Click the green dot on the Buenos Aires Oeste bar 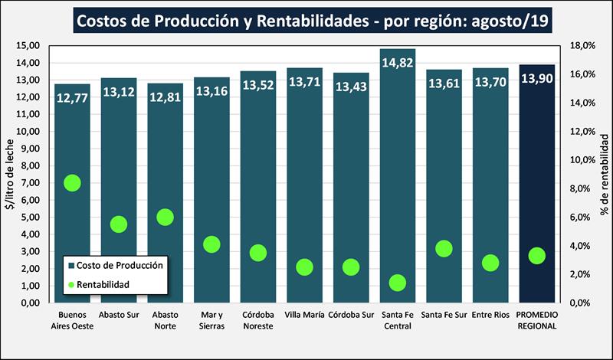pos(73,182)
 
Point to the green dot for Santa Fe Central pos(397,283)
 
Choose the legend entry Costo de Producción pos(120,265)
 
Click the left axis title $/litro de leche pos(8,175)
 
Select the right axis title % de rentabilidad pos(604,175)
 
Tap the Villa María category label pos(304,315)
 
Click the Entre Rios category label pos(490,315)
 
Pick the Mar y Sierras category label pos(211,320)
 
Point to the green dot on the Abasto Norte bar pos(166,217)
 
